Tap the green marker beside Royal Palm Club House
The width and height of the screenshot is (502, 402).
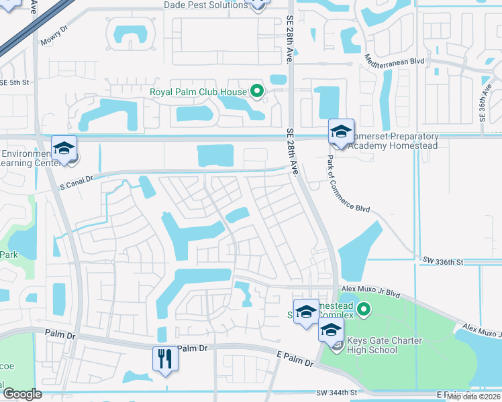[x=256, y=90]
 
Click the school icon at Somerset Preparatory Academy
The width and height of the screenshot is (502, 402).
[x=341, y=132]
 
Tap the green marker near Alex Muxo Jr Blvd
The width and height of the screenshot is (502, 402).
[x=364, y=309]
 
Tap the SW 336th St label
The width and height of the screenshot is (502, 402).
[x=444, y=259]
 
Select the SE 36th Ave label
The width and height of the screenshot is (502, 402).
[x=483, y=101]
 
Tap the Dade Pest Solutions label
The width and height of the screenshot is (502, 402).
[x=205, y=5]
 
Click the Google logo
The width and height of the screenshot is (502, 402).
[x=21, y=394]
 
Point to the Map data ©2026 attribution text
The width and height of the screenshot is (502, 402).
[x=474, y=397]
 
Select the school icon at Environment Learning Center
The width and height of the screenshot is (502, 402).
[x=64, y=149]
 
